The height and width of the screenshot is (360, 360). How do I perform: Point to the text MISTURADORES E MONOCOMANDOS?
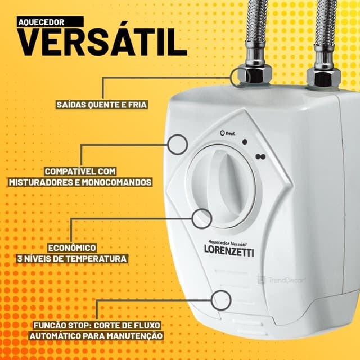[80, 182]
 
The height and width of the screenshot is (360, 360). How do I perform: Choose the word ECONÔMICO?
[71, 247]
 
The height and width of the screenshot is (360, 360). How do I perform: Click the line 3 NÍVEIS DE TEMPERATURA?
[71, 259]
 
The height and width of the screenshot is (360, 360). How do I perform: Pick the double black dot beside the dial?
[259, 157]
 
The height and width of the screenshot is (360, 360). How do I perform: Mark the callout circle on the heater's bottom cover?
[221, 298]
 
